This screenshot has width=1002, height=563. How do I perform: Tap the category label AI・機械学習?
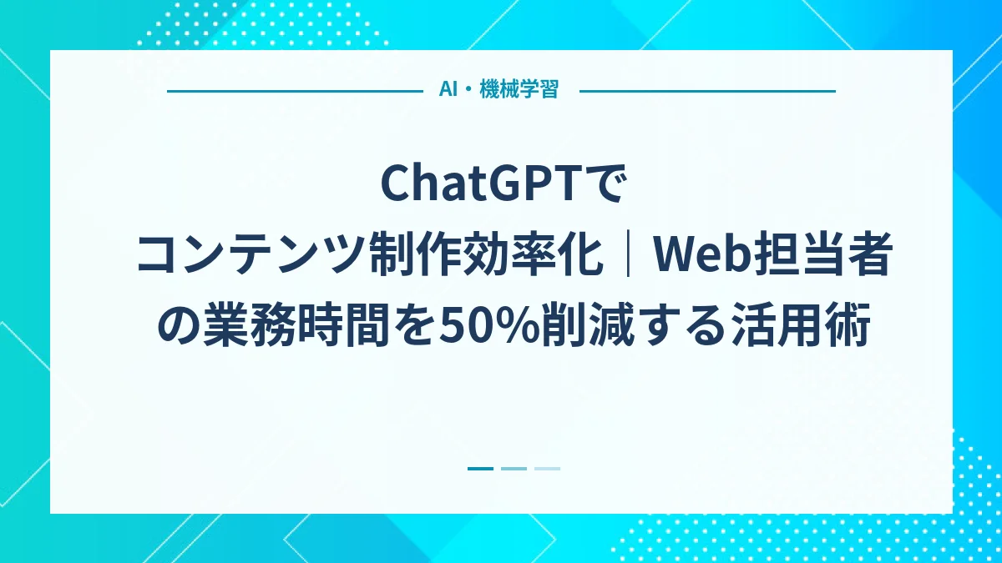coord(498,90)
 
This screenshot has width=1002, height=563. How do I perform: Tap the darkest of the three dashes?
coord(480,469)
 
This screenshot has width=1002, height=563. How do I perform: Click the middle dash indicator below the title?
coord(514,469)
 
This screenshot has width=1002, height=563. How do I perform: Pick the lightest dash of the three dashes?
coord(547,469)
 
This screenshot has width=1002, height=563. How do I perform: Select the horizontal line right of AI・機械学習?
coord(707,91)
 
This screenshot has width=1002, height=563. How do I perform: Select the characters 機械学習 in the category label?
coord(519,90)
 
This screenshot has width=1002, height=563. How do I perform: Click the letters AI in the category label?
coord(448,90)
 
